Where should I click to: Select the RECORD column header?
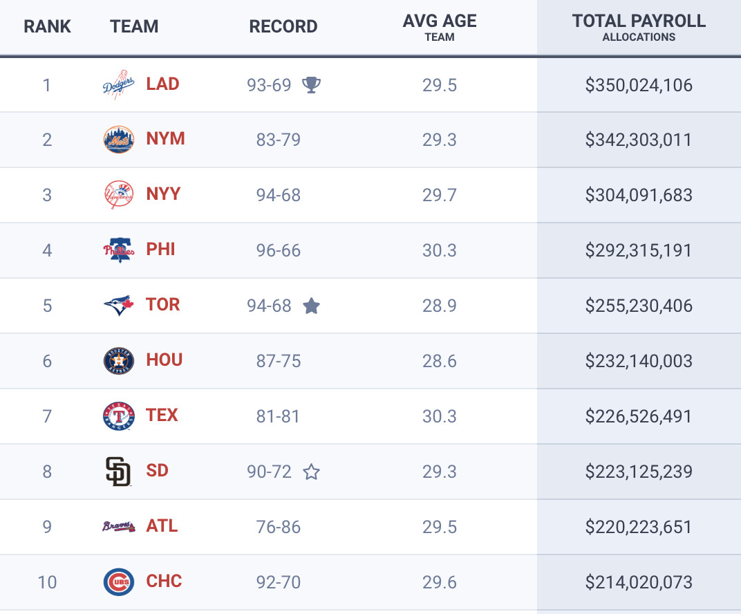click(283, 27)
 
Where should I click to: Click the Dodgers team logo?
click(118, 84)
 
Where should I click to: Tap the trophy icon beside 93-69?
click(312, 85)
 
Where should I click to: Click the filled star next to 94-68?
click(311, 306)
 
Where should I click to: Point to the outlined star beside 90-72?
click(312, 472)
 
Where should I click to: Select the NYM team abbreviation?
click(165, 139)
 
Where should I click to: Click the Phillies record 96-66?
click(279, 250)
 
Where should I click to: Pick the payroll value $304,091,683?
click(639, 195)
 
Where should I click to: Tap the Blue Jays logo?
click(118, 305)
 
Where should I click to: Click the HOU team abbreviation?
click(165, 360)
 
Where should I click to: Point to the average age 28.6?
click(440, 361)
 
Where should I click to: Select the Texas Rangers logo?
click(118, 416)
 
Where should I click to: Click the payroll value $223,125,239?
click(639, 472)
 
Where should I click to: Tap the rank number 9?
click(47, 527)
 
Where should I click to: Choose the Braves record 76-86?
click(279, 527)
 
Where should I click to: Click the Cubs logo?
click(118, 582)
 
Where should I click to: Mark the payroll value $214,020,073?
click(639, 582)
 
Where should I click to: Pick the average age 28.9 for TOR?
click(440, 306)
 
